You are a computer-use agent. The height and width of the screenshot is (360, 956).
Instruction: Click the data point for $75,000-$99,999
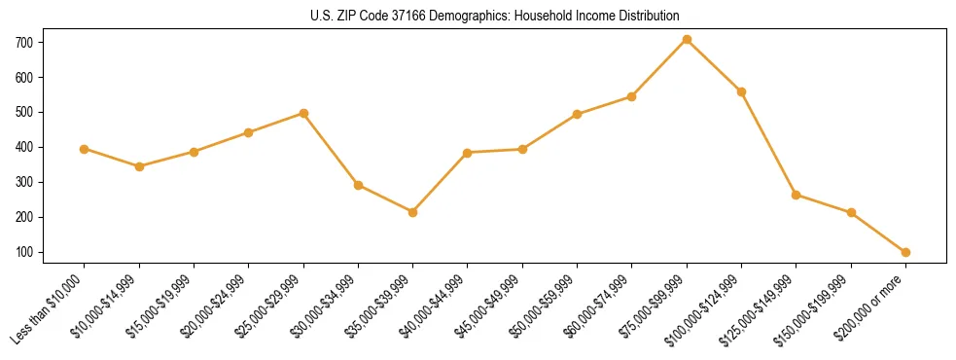pos(687,39)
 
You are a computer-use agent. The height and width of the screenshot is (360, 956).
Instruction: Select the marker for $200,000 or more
pos(905,252)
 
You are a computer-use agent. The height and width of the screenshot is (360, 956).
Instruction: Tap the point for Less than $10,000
pos(85,149)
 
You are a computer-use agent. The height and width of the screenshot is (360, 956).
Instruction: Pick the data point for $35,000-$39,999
pos(413,212)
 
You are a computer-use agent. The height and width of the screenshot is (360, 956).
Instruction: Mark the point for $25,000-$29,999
pos(303,113)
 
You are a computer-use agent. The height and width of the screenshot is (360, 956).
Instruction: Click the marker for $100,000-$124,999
pos(741,91)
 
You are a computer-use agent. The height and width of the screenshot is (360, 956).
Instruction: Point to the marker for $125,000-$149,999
pos(797,195)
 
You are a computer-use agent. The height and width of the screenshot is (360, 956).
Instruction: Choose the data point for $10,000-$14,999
pos(139,166)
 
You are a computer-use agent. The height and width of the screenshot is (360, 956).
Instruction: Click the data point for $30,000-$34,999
pos(358,185)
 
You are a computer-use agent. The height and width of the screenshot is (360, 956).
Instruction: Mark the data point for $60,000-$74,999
pos(632,96)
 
